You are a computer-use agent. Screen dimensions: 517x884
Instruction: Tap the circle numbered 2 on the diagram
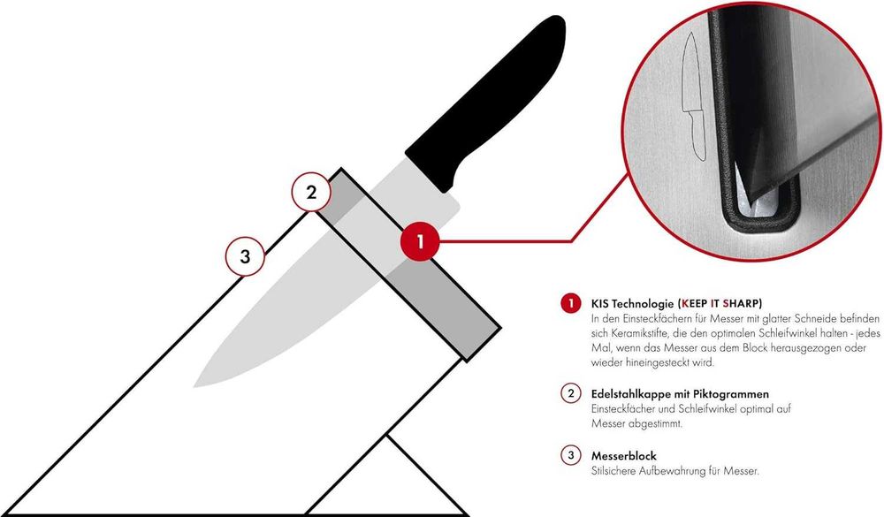[x=311, y=193]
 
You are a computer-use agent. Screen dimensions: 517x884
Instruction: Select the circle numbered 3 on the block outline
[x=245, y=258]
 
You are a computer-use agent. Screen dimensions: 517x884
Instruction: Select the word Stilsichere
[x=614, y=471]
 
